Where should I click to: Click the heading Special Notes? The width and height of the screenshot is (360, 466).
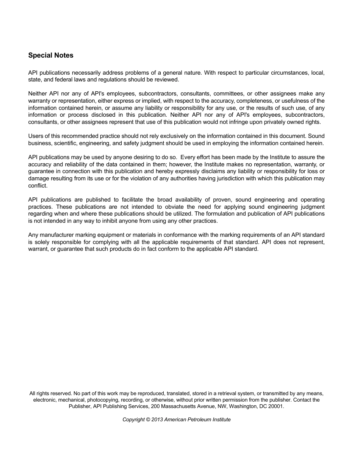pos(51,55)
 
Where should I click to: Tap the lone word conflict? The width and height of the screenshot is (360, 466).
pos(38,186)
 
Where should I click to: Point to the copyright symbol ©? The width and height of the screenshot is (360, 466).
pos(148,420)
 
